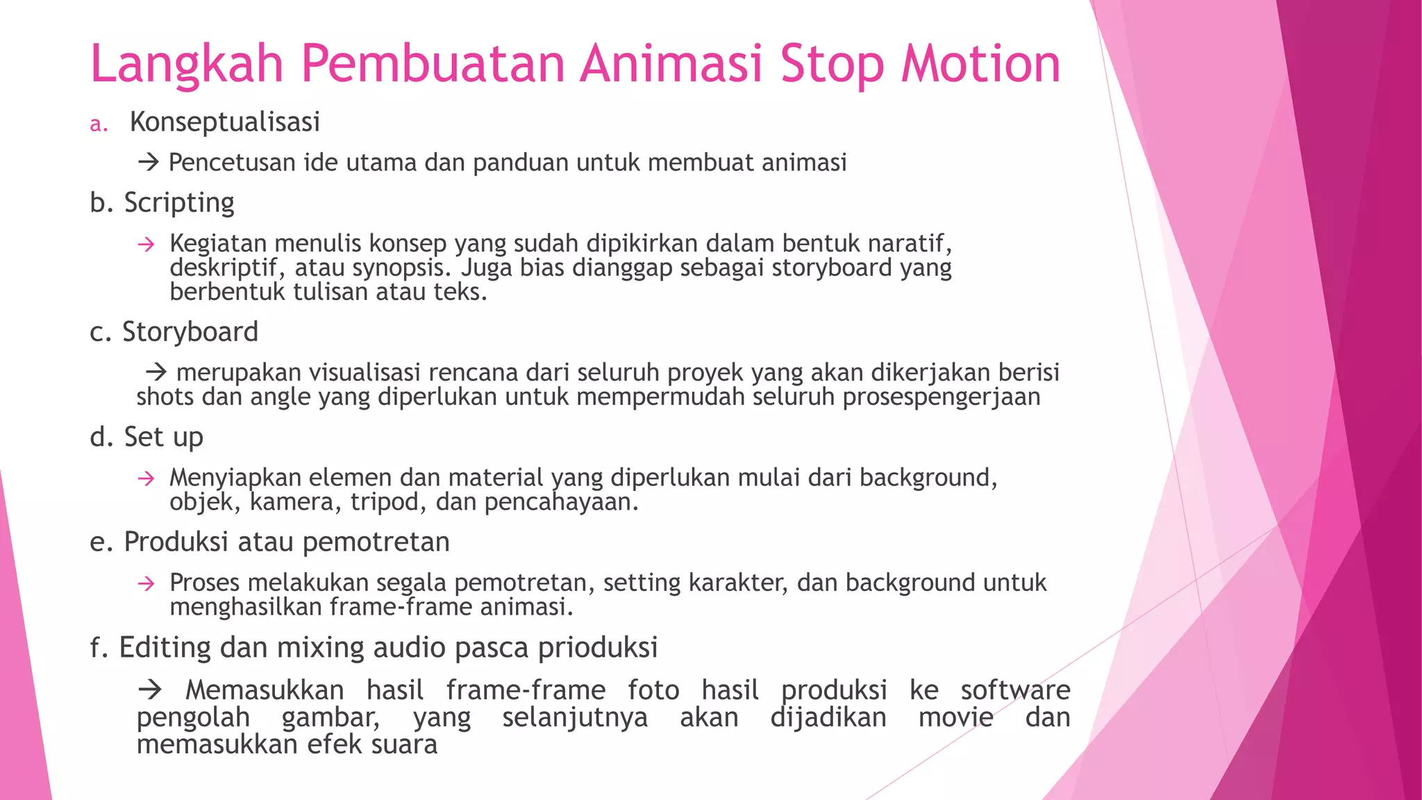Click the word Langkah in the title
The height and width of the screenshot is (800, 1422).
(187, 65)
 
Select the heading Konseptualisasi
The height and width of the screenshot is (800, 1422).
(224, 122)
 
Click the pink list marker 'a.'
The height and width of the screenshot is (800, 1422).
(99, 124)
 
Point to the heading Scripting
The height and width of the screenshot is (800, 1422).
(179, 203)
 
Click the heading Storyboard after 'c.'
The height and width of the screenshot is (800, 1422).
(190, 332)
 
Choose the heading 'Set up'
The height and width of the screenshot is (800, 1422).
(163, 437)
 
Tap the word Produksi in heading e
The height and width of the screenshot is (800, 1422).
(176, 542)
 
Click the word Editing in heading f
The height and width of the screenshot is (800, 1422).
(165, 648)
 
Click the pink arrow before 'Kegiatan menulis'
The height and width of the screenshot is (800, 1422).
(146, 244)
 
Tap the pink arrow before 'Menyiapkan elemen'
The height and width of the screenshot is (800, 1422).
(146, 478)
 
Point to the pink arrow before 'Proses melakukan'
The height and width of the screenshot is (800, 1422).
(146, 583)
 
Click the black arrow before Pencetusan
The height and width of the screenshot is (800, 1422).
(148, 163)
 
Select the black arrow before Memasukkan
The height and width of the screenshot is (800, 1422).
(149, 690)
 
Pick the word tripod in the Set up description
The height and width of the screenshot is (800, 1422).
(385, 502)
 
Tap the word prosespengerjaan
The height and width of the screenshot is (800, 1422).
(941, 398)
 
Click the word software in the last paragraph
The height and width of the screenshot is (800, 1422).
(1015, 690)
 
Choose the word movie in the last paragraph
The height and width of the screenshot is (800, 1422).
(955, 717)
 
